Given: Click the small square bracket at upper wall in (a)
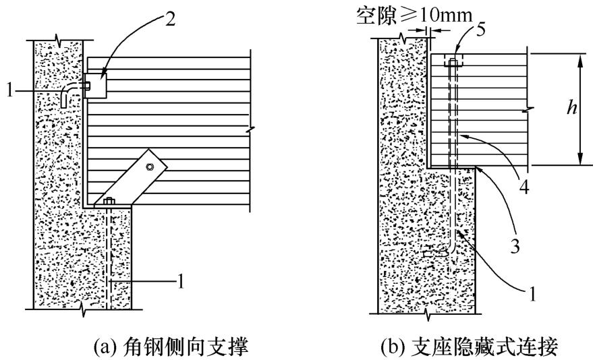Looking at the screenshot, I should click(96, 85).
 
